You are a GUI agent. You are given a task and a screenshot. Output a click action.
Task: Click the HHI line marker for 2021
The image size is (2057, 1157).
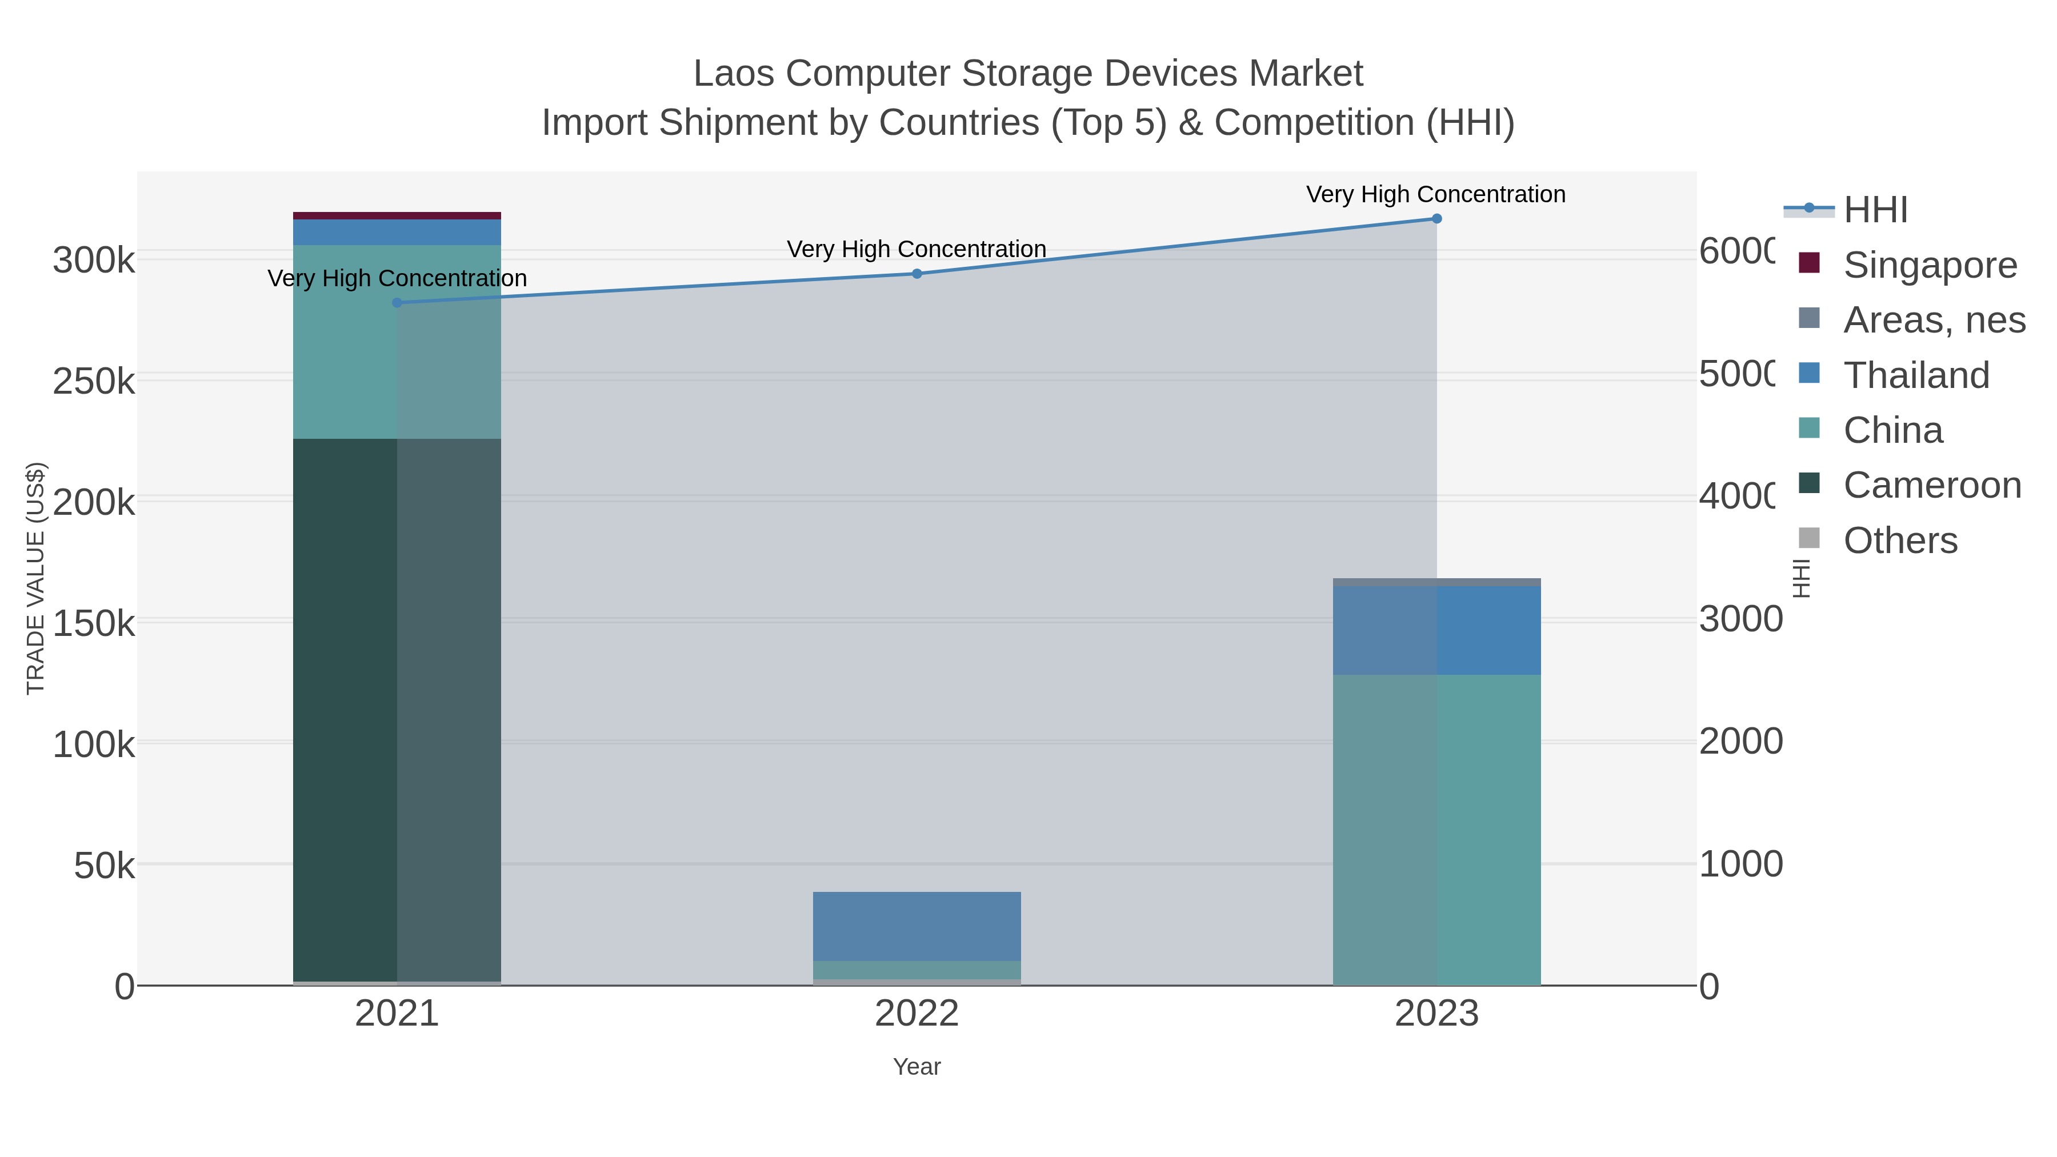click(397, 303)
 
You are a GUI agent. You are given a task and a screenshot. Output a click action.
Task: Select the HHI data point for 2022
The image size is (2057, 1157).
click(917, 274)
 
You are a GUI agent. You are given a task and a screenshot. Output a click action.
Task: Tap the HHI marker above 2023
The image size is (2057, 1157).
click(1436, 219)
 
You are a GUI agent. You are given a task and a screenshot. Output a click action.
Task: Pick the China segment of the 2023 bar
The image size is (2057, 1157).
click(1436, 830)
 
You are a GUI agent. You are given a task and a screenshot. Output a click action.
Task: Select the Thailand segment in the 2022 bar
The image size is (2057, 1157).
click(917, 926)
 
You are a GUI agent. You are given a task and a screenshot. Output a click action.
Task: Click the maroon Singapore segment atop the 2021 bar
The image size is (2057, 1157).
click(397, 215)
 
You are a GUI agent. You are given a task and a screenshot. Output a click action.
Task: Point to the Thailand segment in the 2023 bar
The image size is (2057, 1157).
click(1436, 631)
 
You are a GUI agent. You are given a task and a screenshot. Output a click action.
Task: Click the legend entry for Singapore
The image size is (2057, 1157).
click(1929, 265)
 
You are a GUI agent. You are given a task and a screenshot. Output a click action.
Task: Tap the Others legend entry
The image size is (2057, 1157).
click(1900, 541)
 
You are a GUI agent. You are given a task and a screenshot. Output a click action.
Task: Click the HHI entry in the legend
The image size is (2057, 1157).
click(1875, 210)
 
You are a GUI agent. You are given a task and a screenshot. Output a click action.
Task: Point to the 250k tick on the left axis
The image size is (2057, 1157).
click(94, 382)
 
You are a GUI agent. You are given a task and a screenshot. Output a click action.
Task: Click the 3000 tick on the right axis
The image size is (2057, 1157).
click(1741, 619)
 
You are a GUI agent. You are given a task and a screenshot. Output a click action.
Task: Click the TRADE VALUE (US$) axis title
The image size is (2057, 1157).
click(36, 578)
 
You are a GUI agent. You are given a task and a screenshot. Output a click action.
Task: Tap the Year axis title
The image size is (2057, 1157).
click(917, 1067)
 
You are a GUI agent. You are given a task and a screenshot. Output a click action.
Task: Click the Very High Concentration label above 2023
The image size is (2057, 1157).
click(1436, 195)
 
